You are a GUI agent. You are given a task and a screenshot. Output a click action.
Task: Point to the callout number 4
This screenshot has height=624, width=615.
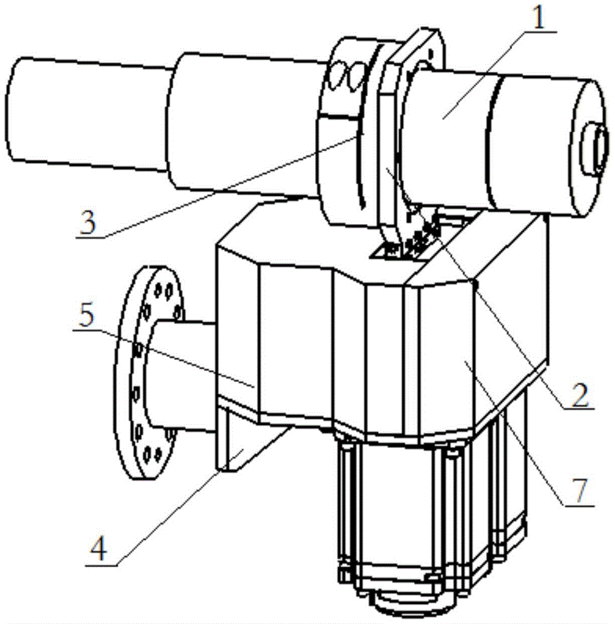(x=99, y=550)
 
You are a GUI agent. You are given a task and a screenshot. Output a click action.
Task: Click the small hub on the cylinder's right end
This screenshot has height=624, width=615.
(x=595, y=149)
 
